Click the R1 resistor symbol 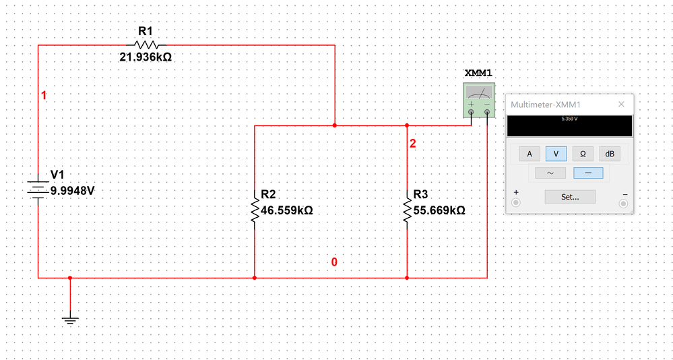coord(145,44)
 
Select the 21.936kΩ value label coord(145,57)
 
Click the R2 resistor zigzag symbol coord(254,208)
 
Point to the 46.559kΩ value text coord(286,210)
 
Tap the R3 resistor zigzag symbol coord(407,208)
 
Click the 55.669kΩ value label coord(439,210)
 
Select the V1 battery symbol coord(38,189)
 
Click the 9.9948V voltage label coord(73,190)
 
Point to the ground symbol coord(70,320)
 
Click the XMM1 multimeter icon coord(479,100)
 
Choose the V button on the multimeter coord(556,154)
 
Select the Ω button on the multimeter coord(583,154)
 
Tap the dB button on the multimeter coord(610,154)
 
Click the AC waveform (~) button coord(550,173)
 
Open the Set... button coord(569,197)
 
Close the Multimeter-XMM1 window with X coord(621,104)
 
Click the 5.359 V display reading coord(569,119)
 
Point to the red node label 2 coord(413,144)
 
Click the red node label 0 coord(333,262)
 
